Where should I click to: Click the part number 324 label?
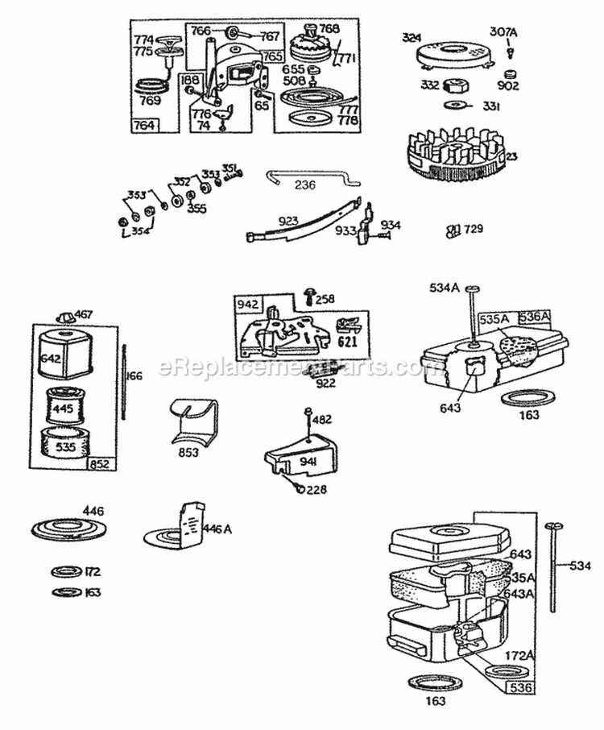412,37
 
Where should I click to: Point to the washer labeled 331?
455,105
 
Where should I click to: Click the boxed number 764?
145,125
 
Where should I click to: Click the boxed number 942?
247,304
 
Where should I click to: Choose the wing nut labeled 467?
66,315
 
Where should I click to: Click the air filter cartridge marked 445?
64,408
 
